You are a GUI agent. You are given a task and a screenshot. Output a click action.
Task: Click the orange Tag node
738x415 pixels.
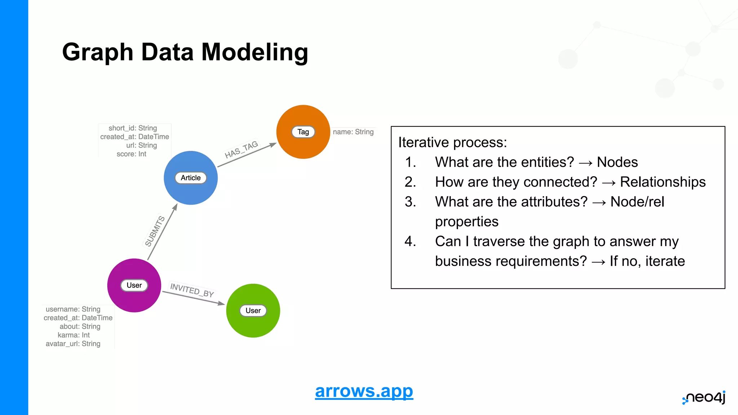(x=303, y=132)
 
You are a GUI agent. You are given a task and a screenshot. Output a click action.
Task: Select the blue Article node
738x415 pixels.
(x=191, y=178)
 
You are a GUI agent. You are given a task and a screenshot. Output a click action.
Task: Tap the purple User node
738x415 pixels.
(x=134, y=285)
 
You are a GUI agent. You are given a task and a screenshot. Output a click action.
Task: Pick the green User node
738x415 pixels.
(x=253, y=311)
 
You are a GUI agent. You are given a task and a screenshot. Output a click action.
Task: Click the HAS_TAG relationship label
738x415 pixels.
(x=241, y=150)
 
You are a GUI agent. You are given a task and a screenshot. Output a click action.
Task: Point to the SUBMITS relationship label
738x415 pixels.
(x=155, y=231)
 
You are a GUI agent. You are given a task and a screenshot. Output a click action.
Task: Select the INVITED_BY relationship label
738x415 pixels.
(x=192, y=290)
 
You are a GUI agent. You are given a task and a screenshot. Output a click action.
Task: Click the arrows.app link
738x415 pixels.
(x=364, y=391)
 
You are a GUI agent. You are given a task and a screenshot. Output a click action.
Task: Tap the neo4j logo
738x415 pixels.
(x=704, y=398)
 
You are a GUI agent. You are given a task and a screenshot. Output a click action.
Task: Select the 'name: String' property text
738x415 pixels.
(x=353, y=132)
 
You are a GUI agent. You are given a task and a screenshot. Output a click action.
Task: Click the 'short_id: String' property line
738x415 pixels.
(x=133, y=128)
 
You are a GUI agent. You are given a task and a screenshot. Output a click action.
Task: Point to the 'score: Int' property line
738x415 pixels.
(x=131, y=154)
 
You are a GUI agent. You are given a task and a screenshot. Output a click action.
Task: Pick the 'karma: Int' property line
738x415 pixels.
(x=74, y=335)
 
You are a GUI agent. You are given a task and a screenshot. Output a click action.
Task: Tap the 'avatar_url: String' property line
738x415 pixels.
(x=73, y=344)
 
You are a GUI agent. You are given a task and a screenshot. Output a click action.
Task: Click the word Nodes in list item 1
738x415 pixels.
(x=617, y=162)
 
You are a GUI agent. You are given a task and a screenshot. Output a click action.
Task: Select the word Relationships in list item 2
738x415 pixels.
(x=662, y=182)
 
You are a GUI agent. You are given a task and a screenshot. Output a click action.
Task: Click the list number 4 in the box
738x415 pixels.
(x=410, y=241)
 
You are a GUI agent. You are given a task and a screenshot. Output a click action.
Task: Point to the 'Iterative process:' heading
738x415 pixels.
(x=452, y=142)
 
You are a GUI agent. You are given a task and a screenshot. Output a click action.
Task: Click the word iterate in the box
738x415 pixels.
(x=665, y=261)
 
